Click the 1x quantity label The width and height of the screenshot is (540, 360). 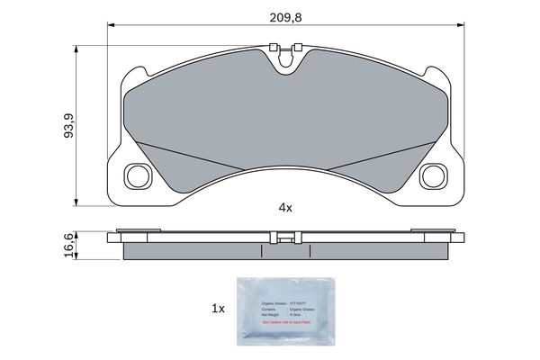coord(217,308)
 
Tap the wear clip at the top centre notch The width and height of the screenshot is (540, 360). coord(287,60)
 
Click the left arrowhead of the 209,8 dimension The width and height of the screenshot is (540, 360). coord(112,25)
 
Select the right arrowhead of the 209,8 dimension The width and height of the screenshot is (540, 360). coord(463,25)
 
